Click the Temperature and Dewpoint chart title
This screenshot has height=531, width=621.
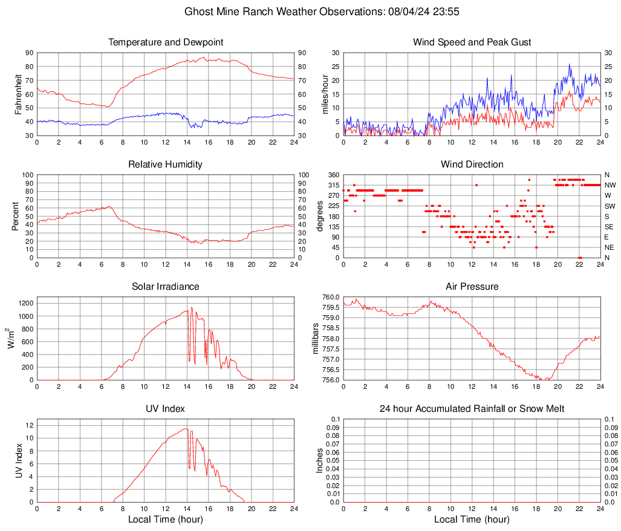pyautogui.click(x=166, y=42)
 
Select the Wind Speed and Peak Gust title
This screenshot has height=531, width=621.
pyautogui.click(x=472, y=42)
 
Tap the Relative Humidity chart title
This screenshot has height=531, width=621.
pyautogui.click(x=166, y=165)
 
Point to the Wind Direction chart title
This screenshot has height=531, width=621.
pyautogui.click(x=472, y=165)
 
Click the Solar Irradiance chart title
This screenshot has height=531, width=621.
pyautogui.click(x=166, y=287)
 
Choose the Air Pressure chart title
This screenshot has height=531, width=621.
pyautogui.click(x=472, y=287)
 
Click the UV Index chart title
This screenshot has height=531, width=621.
pyautogui.click(x=166, y=409)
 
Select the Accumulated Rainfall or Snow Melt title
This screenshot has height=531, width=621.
pyautogui.click(x=472, y=409)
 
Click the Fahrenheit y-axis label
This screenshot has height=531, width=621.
pyautogui.click(x=18, y=94)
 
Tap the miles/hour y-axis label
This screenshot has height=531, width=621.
pyautogui.click(x=325, y=94)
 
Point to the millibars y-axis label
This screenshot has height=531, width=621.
pyautogui.click(x=315, y=339)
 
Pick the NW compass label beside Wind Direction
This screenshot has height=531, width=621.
pyautogui.click(x=610, y=185)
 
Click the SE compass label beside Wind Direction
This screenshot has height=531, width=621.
pyautogui.click(x=610, y=227)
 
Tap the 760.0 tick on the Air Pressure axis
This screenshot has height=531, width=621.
pyautogui.click(x=330, y=298)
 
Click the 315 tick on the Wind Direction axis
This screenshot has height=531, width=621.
pyautogui.click(x=333, y=185)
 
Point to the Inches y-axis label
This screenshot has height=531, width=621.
pyautogui.click(x=320, y=460)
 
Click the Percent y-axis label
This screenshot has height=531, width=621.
pyautogui.click(x=15, y=216)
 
